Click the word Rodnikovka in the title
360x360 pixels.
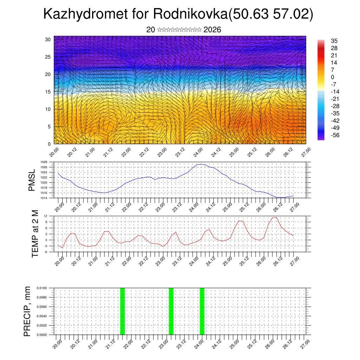[x=190, y=14]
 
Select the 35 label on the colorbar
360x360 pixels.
[x=334, y=41]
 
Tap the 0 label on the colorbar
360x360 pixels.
[x=333, y=77]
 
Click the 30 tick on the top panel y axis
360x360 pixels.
[x=48, y=39]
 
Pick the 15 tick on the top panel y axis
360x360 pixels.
[x=48, y=92]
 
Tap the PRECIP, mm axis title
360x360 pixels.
[x=27, y=311]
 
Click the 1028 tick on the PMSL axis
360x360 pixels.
[x=44, y=162]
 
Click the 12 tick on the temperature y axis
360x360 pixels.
[x=46, y=216]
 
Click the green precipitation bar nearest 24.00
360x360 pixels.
[x=202, y=311]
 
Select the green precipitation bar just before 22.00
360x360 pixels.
[x=122, y=311]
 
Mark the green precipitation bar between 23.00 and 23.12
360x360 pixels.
[x=171, y=311]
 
